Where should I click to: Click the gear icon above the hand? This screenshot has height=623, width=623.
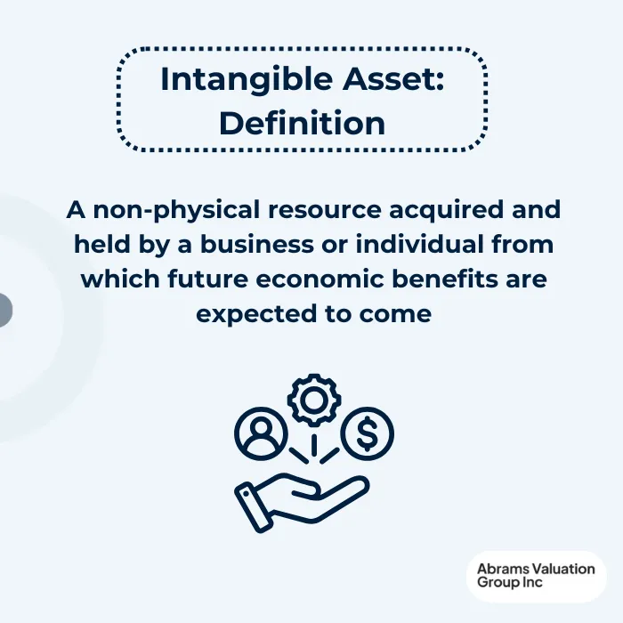313,399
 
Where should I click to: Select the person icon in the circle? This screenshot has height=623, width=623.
261,434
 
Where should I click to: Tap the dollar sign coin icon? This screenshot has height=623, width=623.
367,434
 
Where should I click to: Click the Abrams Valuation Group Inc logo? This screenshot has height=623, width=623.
535,576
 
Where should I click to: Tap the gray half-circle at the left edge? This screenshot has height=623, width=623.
4,310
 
